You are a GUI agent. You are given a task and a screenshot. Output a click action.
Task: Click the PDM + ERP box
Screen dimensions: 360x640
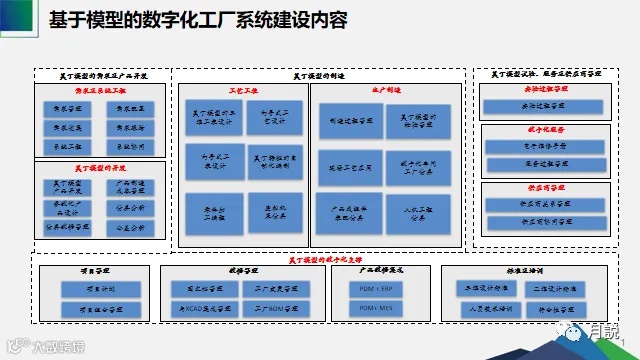click(x=375, y=288)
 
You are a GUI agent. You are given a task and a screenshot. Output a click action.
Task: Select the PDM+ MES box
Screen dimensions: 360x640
click(x=375, y=308)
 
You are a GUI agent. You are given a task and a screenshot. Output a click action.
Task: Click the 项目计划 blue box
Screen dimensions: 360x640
click(x=98, y=288)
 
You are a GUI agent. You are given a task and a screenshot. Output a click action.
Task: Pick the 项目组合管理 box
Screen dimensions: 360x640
click(x=98, y=308)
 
